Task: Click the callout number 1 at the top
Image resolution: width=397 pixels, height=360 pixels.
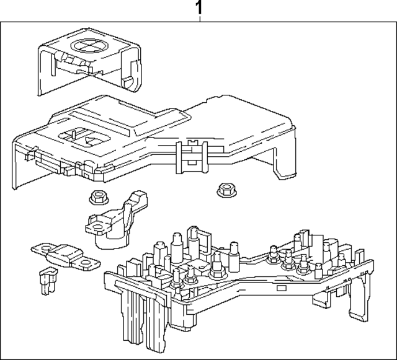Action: point(199,8)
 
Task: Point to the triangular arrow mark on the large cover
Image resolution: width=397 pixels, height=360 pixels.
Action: point(91,139)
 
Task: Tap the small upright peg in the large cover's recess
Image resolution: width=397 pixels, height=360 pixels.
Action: point(73,133)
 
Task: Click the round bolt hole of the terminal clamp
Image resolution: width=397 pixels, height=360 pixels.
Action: point(97,230)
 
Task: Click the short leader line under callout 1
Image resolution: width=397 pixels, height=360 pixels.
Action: point(200,19)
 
